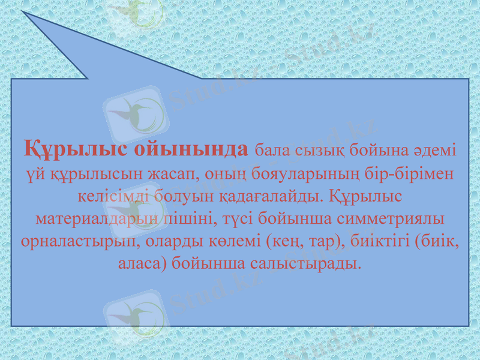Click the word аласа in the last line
142,263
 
